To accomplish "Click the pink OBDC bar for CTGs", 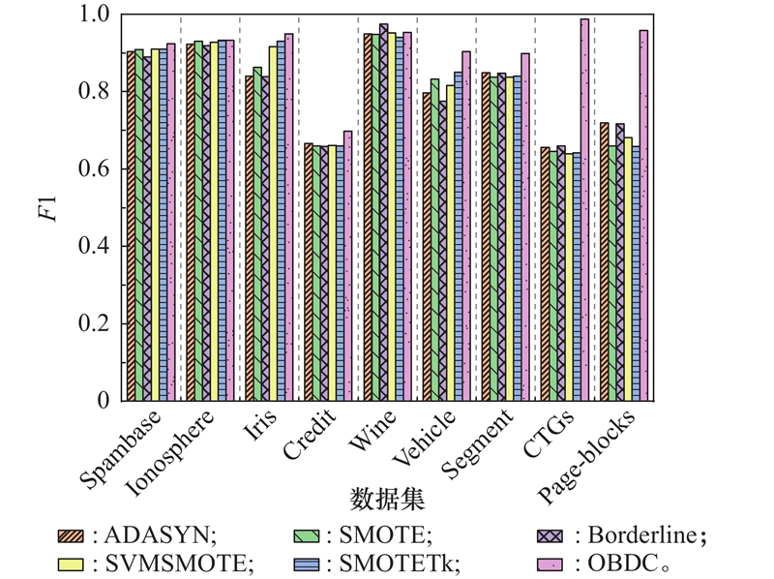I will click(584, 209).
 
